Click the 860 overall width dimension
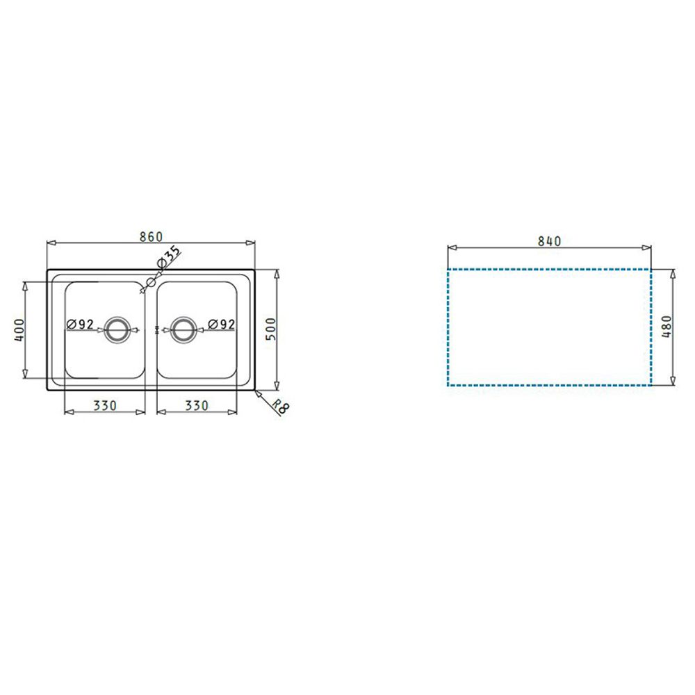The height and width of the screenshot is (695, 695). click(151, 237)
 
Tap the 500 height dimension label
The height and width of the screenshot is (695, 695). click(270, 329)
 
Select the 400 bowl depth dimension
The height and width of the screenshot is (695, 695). click(19, 329)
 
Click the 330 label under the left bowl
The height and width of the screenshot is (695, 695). click(105, 406)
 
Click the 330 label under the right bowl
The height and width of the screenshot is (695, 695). click(197, 406)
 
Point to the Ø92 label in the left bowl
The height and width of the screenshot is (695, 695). click(80, 325)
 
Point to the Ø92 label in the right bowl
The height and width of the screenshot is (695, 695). click(221, 325)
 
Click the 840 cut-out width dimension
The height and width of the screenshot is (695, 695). click(549, 241)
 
